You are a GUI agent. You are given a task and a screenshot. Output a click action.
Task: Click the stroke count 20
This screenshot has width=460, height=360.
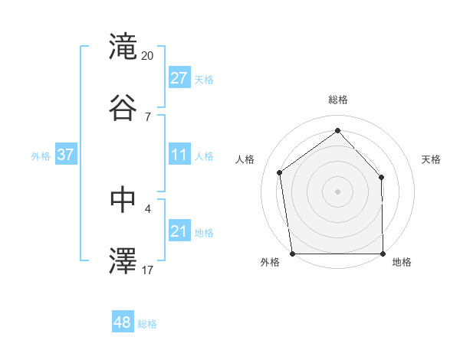(148, 56)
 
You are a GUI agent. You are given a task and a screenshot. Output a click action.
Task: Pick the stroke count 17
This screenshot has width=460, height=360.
(148, 269)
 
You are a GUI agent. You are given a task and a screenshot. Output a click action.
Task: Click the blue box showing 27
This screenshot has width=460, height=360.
(179, 78)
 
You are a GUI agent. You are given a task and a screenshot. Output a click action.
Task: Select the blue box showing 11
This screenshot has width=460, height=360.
(179, 155)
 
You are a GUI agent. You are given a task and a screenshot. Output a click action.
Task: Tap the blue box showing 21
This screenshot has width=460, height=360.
(179, 231)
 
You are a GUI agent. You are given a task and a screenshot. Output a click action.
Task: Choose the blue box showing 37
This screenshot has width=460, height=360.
(66, 155)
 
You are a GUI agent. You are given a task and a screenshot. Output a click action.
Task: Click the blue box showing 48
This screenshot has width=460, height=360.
(123, 322)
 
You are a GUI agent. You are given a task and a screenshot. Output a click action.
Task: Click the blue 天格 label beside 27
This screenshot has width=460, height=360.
(204, 80)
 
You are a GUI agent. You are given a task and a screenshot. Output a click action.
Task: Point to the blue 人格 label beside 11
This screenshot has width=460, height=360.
(204, 156)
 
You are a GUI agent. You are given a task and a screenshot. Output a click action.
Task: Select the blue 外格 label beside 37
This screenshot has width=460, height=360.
(41, 156)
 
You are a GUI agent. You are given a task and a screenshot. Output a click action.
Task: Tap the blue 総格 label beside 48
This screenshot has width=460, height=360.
(147, 324)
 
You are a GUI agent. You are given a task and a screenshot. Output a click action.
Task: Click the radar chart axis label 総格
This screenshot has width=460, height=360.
(338, 100)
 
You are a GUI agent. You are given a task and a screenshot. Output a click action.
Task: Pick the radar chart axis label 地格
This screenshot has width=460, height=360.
(402, 262)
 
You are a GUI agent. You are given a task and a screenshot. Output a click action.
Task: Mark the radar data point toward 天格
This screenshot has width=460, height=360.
(382, 177)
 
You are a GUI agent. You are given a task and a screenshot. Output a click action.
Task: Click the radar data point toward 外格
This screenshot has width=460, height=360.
(292, 253)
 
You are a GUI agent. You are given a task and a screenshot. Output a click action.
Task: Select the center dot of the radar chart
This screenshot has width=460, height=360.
(338, 191)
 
